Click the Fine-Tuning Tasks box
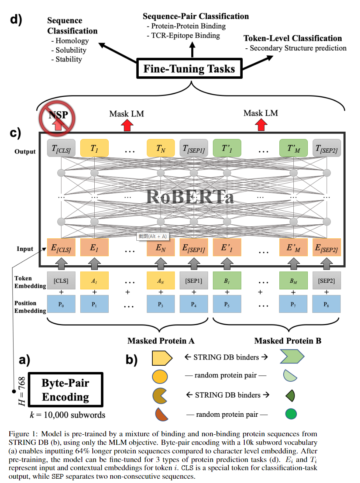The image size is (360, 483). [x=189, y=69]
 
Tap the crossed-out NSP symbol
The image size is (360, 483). [x=57, y=116]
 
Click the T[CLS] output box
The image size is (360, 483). [x=61, y=148]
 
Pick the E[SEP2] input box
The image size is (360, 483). [x=326, y=248]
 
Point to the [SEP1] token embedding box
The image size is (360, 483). [x=194, y=280]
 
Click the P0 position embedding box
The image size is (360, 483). [x=61, y=304]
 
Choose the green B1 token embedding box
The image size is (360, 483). [x=227, y=280]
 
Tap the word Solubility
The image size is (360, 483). [x=71, y=50]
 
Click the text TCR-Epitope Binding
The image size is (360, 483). [x=183, y=36]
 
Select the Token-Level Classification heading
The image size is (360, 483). [x=293, y=39]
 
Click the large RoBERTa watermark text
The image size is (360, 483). [x=191, y=197]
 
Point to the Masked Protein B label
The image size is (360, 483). [x=288, y=341]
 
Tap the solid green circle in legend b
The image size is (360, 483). [x=291, y=414]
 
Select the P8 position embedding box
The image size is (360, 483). [x=326, y=304]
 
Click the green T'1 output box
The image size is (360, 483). [x=227, y=148]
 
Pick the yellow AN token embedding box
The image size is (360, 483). [x=161, y=280]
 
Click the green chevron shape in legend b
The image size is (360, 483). [x=291, y=356]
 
